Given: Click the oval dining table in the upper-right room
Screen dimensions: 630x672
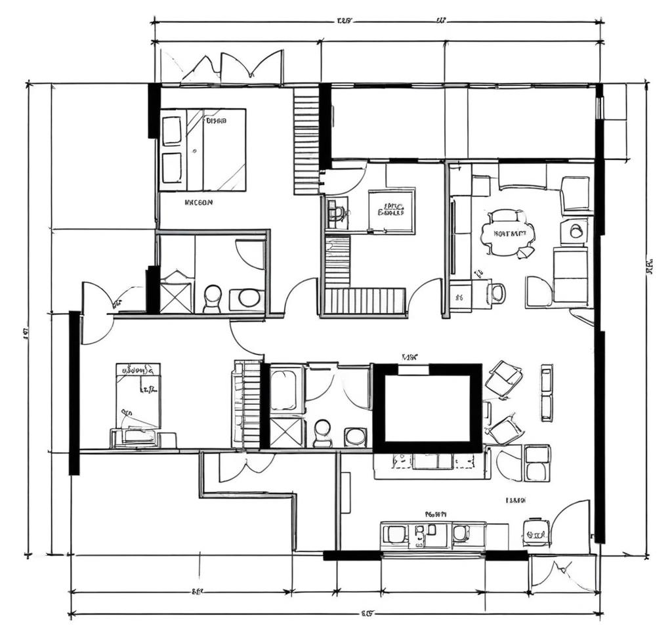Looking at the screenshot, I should click(508, 233).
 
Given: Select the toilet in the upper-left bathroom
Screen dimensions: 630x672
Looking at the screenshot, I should click(212, 299).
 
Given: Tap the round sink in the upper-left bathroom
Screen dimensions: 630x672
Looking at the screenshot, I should click(249, 298).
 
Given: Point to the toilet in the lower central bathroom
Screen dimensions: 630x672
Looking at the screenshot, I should click(322, 433).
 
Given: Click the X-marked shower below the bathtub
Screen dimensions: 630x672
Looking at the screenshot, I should click(287, 432).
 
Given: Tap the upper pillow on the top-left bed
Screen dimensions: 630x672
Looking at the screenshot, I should click(172, 131).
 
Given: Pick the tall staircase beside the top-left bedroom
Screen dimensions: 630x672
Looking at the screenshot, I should click(306, 142).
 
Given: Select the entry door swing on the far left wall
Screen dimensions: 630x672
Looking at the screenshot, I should click(96, 313).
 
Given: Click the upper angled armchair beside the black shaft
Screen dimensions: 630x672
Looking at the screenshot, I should click(504, 379).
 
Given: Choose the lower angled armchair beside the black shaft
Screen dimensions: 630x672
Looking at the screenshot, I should click(505, 430).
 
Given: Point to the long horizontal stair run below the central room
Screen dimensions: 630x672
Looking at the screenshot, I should click(365, 301).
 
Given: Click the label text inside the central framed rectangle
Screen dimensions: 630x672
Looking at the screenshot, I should click(391, 210).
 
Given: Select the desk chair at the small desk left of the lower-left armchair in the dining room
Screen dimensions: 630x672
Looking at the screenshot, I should click(497, 293).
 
